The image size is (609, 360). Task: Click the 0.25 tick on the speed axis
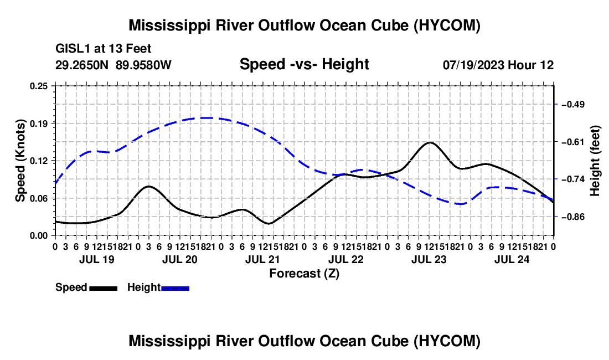pyautogui.click(x=39, y=86)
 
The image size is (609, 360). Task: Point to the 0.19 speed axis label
pyautogui.click(x=39, y=124)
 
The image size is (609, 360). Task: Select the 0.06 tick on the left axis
pyautogui.click(x=39, y=198)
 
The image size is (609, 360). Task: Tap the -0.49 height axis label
pyautogui.click(x=573, y=105)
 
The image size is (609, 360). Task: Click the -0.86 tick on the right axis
pyautogui.click(x=573, y=217)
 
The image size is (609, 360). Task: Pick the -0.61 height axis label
pyautogui.click(x=573, y=142)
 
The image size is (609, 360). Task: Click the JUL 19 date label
pyautogui.click(x=97, y=259)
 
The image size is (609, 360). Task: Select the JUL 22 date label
pyautogui.click(x=345, y=259)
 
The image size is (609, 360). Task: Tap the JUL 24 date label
pyautogui.click(x=512, y=259)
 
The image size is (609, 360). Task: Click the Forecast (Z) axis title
pyautogui.click(x=304, y=274)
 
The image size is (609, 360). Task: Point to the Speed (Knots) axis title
pyautogui.click(x=20, y=161)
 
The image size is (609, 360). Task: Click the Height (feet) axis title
pyautogui.click(x=595, y=161)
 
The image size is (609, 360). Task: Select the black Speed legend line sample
pyautogui.click(x=104, y=289)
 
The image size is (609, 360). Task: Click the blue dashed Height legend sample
pyautogui.click(x=175, y=289)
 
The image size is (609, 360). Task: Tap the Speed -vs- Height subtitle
pyautogui.click(x=304, y=64)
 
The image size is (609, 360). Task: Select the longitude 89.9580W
pyautogui.click(x=143, y=65)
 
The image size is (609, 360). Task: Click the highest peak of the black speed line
pyautogui.click(x=430, y=142)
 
